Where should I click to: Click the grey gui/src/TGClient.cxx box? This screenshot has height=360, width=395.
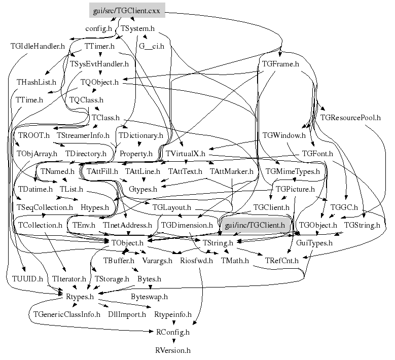coord(120,10)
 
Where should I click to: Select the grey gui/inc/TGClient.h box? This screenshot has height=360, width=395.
coord(255,224)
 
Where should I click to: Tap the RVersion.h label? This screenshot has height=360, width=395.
coord(173,350)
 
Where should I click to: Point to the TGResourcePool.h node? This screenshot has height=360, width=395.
coord(350,118)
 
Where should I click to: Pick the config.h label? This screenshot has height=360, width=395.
coord(98,28)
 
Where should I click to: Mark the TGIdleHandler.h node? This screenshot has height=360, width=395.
coord(38,46)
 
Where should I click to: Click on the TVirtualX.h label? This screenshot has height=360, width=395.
coord(186,153)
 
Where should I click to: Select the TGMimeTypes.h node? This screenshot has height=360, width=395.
coord(293,171)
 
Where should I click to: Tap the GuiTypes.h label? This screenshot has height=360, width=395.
coord(314,243)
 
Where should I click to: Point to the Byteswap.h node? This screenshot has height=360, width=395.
coord(149,296)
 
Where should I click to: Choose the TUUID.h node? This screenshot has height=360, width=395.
coord(24,279)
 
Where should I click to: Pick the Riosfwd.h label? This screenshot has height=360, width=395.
coord(196,261)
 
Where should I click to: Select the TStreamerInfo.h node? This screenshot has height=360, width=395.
coord(83,135)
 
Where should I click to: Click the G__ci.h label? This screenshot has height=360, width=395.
coord(151,46)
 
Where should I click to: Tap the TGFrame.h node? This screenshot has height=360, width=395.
coord(280,64)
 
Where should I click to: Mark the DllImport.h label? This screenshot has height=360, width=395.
coord(127,314)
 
